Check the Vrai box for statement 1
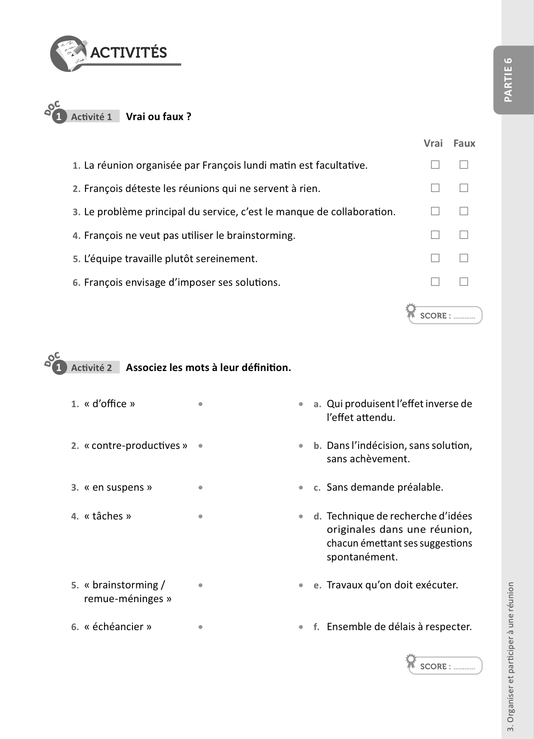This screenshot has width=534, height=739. [x=435, y=164]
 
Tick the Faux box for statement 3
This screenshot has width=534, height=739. [x=463, y=211]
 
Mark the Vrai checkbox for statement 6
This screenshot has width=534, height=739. [x=435, y=281]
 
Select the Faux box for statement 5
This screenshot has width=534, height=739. [x=463, y=258]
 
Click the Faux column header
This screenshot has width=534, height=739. [x=464, y=143]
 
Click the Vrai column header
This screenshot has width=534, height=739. [x=433, y=143]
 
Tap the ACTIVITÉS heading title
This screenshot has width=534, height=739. [x=129, y=53]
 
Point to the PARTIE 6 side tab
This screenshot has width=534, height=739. [x=508, y=80]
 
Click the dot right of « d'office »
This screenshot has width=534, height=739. [x=200, y=404]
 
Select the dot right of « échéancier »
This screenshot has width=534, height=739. [x=200, y=627]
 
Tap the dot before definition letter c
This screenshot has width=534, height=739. [x=301, y=488]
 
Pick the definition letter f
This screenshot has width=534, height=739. [x=316, y=627]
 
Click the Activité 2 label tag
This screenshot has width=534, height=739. [x=91, y=368]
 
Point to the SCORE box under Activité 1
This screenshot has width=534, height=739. [x=445, y=315]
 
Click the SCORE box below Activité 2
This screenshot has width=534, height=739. [x=445, y=666]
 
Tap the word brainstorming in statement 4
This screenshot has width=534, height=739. [x=261, y=235]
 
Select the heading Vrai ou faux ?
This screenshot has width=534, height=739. [x=158, y=117]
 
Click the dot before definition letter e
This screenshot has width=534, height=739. [x=301, y=585]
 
